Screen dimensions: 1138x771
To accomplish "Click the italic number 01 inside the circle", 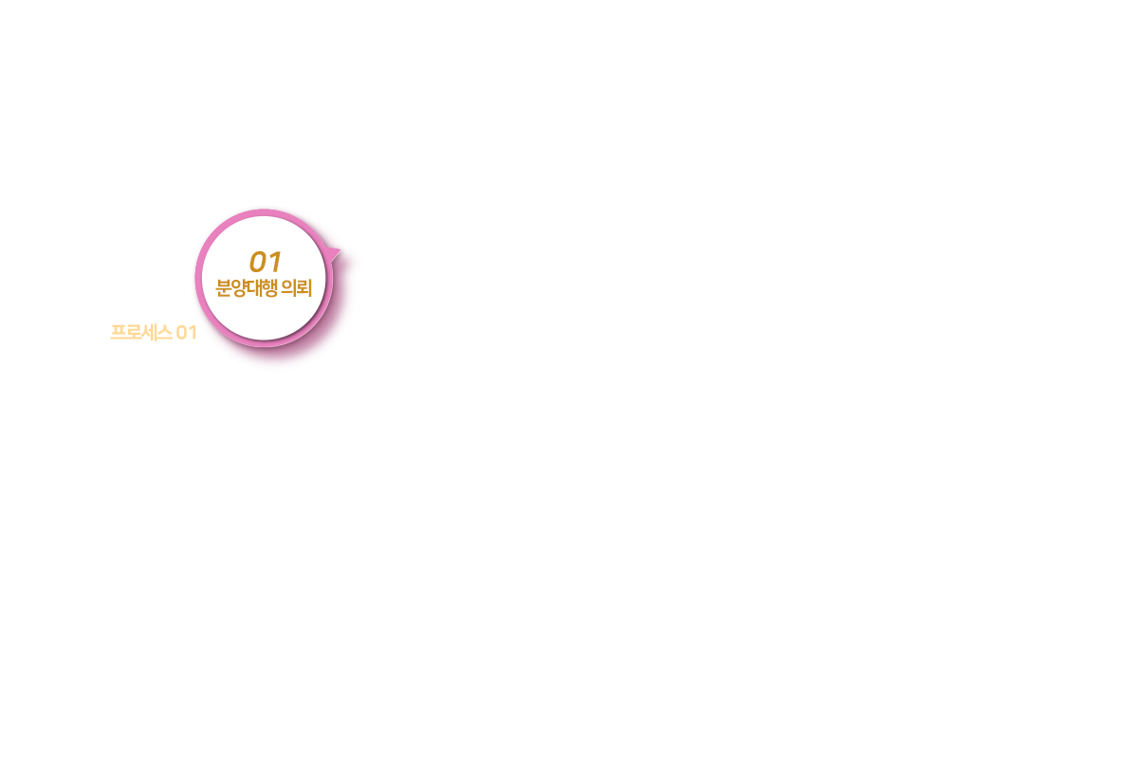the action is click(266, 262).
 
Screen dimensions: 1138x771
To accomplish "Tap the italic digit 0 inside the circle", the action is click(258, 263).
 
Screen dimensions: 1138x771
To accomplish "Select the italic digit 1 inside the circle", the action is click(275, 262).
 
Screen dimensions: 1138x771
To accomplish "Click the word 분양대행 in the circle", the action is click(247, 288).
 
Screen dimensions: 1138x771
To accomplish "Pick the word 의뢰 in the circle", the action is click(297, 288).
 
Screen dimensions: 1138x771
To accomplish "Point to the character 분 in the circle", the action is click(224, 288).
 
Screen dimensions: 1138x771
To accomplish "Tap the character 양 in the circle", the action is click(239, 288).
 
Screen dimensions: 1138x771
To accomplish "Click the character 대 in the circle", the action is click(254, 288).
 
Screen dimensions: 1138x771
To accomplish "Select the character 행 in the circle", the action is click(269, 288).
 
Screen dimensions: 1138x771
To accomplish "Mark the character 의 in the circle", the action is click(289, 288).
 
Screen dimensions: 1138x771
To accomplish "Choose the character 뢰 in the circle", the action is click(303, 288).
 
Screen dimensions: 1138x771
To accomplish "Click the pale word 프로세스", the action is click(141, 333).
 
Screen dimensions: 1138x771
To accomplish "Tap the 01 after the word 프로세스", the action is click(187, 333).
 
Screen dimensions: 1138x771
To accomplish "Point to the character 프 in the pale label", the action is click(119, 333).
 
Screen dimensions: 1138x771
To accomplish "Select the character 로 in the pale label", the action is click(134, 333).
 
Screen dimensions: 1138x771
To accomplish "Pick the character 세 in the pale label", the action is click(149, 333).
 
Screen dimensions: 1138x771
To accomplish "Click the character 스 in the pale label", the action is click(165, 333).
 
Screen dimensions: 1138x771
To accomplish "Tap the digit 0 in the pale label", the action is click(182, 333).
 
